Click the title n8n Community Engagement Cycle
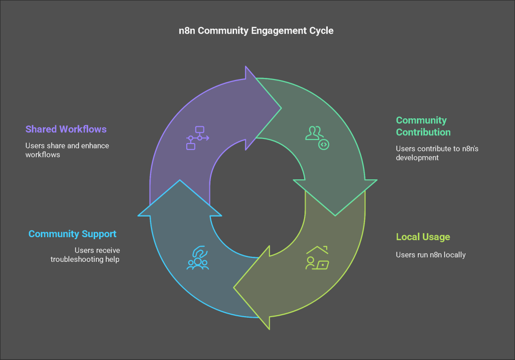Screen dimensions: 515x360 pos(256,31)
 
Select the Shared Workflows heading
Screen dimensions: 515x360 pos(66,129)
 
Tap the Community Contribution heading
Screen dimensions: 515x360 pos(423,126)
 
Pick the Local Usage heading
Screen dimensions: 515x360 pos(423,237)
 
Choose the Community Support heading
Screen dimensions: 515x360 pos(72,234)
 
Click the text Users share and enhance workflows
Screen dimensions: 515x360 pos(67,150)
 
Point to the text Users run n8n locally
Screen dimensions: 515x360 pos(430,255)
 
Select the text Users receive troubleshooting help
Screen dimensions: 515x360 pos(85,255)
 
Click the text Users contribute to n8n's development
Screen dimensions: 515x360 pos(437,153)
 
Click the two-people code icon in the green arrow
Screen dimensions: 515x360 pos(317,138)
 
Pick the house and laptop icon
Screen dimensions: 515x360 pos(317,258)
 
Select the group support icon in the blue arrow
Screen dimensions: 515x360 pos(198,258)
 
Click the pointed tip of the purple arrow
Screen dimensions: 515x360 pos(281,108)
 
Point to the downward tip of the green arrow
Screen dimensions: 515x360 pos(335,216)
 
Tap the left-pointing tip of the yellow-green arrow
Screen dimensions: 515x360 pos(234,287)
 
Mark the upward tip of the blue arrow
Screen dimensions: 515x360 pos(180,180)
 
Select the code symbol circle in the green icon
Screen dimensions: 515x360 pos(324,145)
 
